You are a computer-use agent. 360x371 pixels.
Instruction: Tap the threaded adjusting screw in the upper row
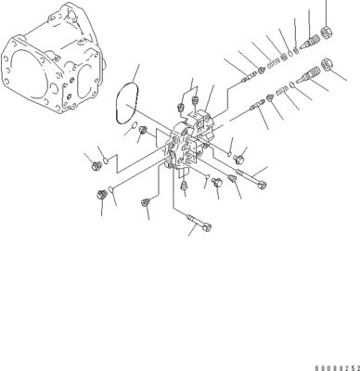[x=310, y=43]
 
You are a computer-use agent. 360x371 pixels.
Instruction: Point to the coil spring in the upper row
[x=274, y=62]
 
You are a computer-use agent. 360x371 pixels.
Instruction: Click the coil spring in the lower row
[x=282, y=90]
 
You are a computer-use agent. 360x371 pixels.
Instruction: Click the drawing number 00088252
[x=337, y=368]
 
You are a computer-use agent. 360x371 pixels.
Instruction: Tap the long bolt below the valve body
[x=199, y=224]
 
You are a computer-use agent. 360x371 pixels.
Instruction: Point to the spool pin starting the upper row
[x=250, y=76]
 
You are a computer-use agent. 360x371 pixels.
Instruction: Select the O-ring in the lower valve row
[x=292, y=83]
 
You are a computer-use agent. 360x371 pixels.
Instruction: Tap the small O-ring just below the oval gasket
[x=134, y=125]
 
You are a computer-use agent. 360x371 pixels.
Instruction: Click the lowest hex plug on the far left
[x=101, y=195]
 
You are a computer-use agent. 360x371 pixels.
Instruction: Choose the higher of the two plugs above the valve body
[x=195, y=100]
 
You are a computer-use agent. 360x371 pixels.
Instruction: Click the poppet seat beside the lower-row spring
[x=270, y=98]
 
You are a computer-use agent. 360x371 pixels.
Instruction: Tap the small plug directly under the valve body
[x=185, y=185]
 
